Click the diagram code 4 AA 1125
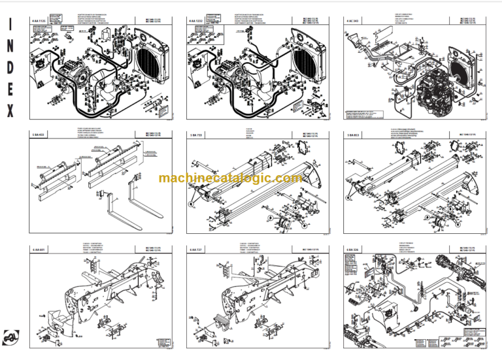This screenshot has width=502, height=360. coord(41,22)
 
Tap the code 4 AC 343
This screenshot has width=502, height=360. coord(354,22)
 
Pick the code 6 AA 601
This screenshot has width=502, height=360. coord(41,250)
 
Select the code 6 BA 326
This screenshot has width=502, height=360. coord(354,250)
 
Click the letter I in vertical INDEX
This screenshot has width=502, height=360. coord(10,25)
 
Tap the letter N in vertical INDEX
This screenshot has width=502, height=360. coord(10,48)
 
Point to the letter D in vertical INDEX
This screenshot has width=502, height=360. coord(10,69)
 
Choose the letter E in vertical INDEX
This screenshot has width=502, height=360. coord(10,91)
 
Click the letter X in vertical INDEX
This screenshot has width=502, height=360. coord(10,112)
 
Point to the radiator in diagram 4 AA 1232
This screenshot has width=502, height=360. coord(302,62)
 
